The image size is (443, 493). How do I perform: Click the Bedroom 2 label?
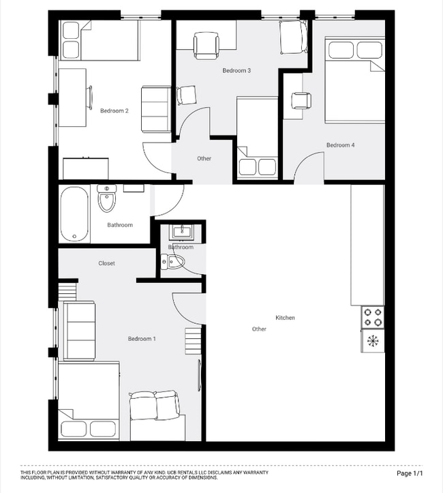[114, 110]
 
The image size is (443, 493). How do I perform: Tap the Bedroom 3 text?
[236, 70]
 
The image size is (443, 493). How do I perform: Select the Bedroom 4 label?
[340, 145]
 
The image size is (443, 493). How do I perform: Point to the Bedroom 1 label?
[142, 339]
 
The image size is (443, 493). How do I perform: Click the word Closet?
[106, 263]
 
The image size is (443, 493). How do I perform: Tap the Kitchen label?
[285, 318]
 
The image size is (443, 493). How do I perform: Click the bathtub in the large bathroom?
[74, 214]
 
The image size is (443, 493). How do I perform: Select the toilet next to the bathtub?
[107, 199]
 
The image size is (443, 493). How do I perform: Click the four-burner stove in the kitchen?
[373, 317]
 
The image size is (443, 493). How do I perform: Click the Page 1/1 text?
[410, 473]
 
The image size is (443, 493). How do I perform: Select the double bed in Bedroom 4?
[354, 80]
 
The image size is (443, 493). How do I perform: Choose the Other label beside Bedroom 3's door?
[204, 158]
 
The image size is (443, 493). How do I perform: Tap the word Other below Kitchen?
[259, 329]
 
